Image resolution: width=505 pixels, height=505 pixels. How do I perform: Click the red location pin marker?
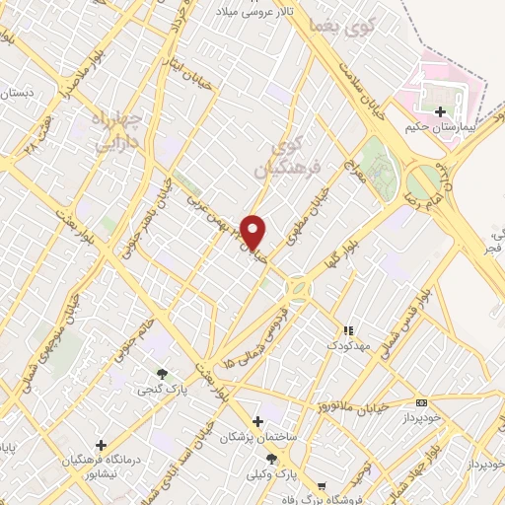coord(254,232)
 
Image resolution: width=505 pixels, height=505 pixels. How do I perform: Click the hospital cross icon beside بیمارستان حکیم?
coord(439,112)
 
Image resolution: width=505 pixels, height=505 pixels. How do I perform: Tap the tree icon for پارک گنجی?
coord(161,373)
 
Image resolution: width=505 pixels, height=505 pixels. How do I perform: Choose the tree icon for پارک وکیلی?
coord(285,459)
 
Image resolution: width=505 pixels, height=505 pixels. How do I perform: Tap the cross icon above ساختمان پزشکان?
coord(257,421)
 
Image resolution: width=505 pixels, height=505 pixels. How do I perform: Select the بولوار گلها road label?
coord(332,258)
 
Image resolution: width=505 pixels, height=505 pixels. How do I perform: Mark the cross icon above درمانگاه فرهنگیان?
coord(101,445)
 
